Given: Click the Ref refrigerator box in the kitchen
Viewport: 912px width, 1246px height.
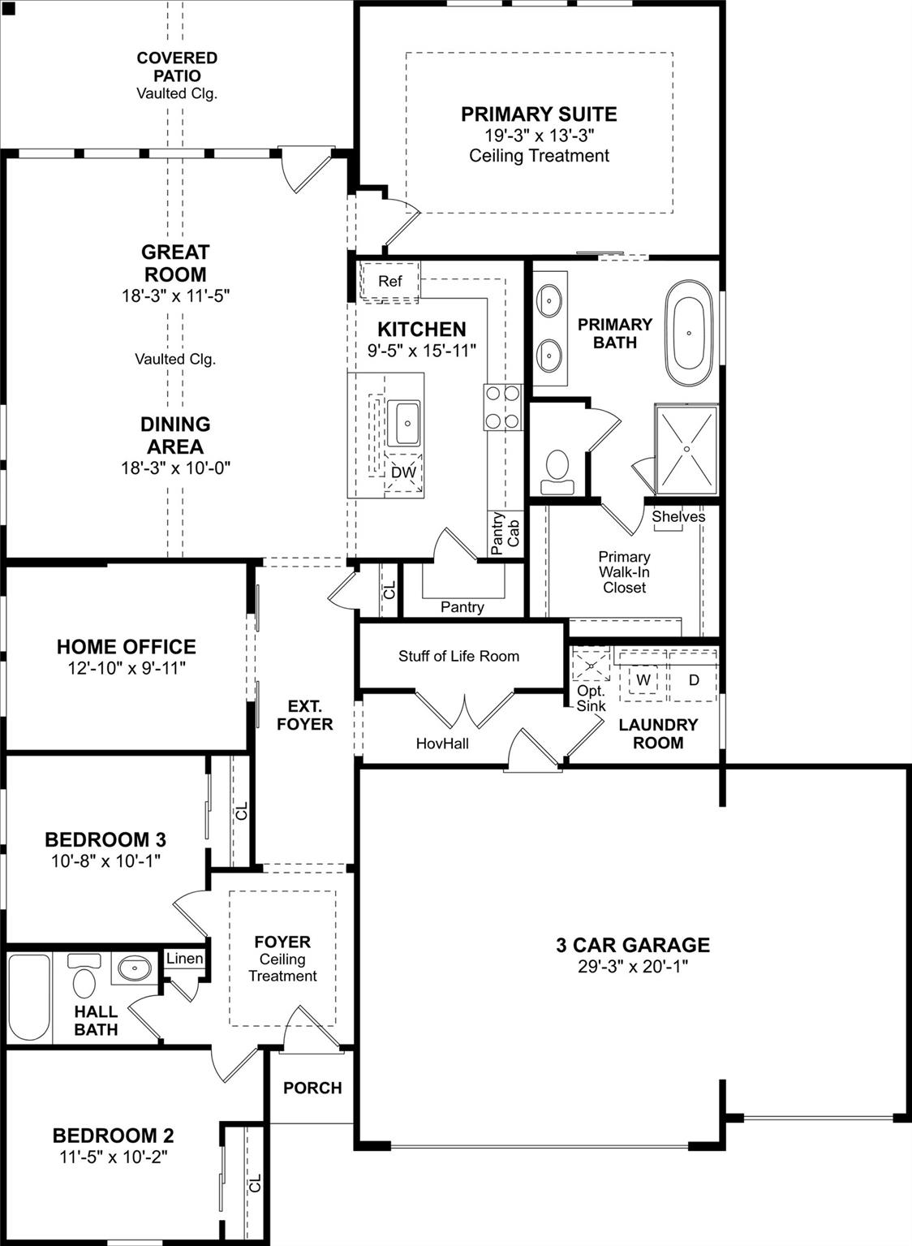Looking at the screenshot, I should [389, 281].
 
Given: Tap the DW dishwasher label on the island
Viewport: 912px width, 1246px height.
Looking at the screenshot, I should [403, 472].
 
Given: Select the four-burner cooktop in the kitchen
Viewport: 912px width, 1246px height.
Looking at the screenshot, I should [502, 407].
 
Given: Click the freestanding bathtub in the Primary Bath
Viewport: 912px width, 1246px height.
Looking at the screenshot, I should [689, 333].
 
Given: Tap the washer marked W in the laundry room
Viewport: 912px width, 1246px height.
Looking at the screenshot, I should [643, 679].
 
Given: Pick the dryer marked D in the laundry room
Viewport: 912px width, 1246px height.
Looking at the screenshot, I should [694, 679].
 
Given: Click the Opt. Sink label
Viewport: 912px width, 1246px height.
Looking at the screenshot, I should [591, 698].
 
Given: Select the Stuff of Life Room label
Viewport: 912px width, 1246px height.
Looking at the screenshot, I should [458, 656].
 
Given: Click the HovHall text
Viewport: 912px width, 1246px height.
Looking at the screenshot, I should [442, 743].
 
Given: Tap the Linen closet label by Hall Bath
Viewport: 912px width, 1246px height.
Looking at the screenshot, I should [184, 959].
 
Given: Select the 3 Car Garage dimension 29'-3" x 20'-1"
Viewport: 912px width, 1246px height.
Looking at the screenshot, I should [633, 966].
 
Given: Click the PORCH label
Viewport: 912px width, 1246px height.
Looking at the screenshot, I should [312, 1088].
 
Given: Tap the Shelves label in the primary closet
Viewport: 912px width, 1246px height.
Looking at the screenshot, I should [678, 516].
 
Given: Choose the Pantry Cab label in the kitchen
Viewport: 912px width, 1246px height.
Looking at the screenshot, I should [505, 532].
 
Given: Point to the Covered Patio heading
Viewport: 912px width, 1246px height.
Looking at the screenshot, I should [177, 67].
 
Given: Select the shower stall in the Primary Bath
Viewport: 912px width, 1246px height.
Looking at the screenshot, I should [686, 449].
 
